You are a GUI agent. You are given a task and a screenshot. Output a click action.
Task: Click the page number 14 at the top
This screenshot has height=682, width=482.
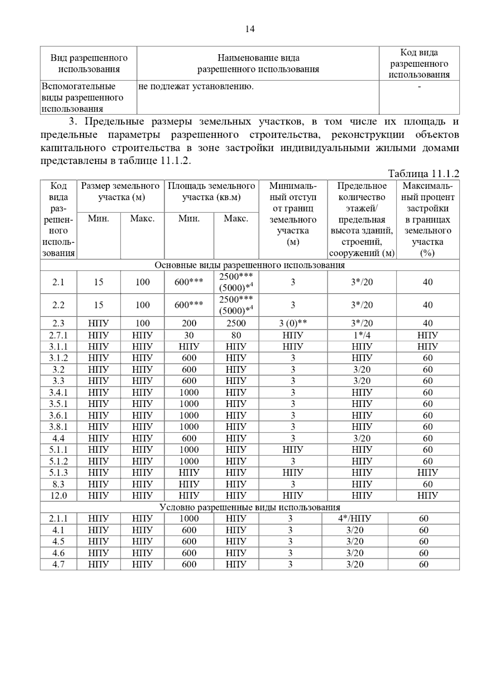(x=249, y=29)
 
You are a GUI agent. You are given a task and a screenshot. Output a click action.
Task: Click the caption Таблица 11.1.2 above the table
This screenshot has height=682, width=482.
(x=423, y=174)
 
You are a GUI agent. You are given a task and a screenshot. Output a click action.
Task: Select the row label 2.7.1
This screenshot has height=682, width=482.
(x=58, y=335)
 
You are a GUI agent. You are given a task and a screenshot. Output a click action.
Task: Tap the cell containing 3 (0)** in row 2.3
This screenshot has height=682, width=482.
(x=293, y=323)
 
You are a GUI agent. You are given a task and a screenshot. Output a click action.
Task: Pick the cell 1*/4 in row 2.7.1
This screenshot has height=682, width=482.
(x=361, y=335)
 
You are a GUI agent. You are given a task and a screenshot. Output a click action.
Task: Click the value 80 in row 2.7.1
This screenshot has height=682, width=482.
(x=236, y=335)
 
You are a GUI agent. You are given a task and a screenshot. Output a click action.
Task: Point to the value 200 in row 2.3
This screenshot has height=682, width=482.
(x=189, y=323)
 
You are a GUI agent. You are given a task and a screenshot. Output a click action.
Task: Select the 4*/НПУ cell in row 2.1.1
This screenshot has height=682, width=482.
(x=355, y=519)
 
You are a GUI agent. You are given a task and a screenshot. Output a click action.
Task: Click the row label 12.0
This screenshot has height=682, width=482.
(x=58, y=496)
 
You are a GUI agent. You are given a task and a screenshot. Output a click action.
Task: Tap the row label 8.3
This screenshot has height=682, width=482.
(x=58, y=484)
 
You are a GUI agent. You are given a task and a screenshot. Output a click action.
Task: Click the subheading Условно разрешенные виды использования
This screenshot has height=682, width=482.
(x=249, y=507)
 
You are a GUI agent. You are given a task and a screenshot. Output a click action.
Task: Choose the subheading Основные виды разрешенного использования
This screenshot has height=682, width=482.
(x=249, y=265)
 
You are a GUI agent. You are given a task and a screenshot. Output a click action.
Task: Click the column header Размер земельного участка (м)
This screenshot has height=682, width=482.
(x=120, y=192)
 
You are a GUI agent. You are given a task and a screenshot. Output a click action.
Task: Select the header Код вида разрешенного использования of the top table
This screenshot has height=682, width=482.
(x=419, y=63)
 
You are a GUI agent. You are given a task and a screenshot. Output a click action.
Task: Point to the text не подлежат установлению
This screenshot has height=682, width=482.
(x=196, y=86)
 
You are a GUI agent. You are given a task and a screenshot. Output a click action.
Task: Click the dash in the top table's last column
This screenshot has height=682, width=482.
(x=419, y=86)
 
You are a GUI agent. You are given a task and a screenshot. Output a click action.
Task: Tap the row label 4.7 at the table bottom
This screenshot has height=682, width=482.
(x=58, y=564)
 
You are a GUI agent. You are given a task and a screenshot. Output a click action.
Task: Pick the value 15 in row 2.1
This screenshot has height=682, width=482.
(x=98, y=282)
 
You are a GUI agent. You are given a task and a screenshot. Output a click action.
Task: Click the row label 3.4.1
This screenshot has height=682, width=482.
(x=58, y=392)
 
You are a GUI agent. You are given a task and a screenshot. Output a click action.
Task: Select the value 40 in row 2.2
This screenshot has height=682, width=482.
(x=427, y=305)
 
